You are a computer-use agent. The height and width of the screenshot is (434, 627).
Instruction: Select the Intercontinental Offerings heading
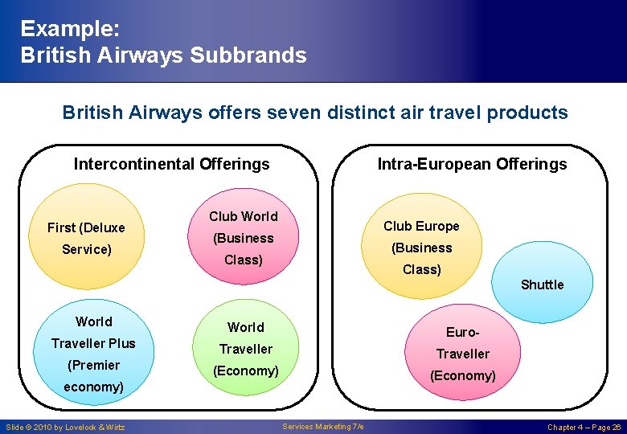coord(171,164)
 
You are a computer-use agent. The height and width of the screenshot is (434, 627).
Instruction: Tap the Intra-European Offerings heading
coord(472,164)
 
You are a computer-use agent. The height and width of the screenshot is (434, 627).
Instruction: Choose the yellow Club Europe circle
coord(421,241)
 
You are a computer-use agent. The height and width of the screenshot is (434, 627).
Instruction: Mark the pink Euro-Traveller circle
coord(462,350)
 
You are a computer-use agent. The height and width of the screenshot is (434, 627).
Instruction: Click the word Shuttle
coord(542,285)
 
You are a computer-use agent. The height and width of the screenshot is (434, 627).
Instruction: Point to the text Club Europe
coord(421,226)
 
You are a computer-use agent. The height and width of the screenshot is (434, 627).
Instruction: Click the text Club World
coord(243,216)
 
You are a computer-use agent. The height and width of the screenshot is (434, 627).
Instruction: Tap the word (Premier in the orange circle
coord(94,365)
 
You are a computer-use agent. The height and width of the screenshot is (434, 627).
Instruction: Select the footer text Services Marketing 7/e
coord(323,427)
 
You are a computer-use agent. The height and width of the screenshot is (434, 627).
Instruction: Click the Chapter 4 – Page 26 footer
coord(584,427)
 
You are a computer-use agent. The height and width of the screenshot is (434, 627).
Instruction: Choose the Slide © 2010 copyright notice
coord(66,427)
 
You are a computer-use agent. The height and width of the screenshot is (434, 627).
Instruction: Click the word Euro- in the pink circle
coord(462,331)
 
